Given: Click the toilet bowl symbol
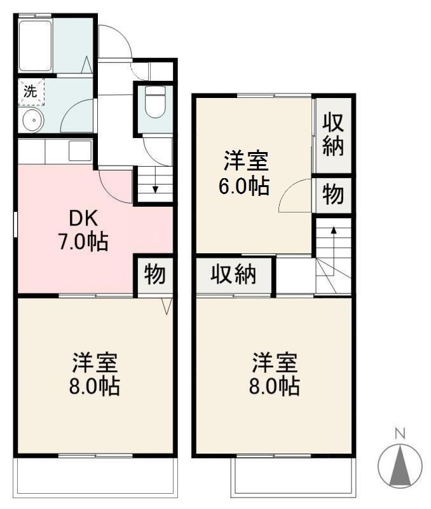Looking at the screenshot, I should (154, 104).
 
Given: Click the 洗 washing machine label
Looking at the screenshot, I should (30, 90).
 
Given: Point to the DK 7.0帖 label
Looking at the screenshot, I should (83, 230).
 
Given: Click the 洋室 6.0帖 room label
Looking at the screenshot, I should (245, 173).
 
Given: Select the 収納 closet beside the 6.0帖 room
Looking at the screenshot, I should (333, 134).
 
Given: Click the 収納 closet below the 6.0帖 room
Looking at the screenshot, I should (233, 275).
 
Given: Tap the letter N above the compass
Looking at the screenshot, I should (400, 434).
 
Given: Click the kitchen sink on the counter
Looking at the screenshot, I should (80, 151).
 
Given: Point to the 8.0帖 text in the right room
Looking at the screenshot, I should (275, 386).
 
